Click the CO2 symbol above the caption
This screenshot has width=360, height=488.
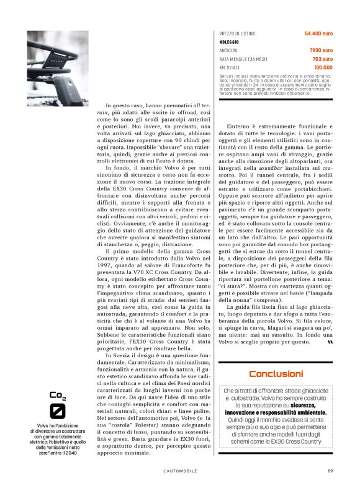click(x=58, y=395)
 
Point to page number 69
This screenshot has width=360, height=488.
click(x=330, y=471)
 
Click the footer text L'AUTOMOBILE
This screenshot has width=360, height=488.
click(x=184, y=471)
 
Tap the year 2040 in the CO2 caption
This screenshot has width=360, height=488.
click(x=78, y=453)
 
